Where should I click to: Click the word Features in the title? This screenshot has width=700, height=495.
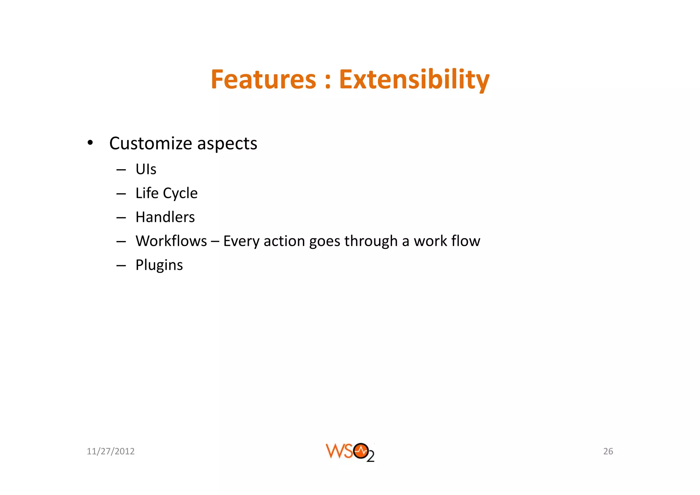click(263, 79)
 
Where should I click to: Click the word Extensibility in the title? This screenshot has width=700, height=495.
click(414, 79)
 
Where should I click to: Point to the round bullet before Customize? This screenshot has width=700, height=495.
click(90, 143)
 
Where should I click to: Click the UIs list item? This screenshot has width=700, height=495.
click(146, 169)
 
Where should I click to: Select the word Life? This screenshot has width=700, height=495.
click(147, 193)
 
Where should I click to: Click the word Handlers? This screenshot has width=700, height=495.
click(165, 217)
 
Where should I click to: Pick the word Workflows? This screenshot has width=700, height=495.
click(171, 241)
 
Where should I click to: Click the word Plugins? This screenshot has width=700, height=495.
click(159, 265)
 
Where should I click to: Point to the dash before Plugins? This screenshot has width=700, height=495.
click(121, 265)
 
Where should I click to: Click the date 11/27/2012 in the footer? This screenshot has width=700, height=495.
click(110, 451)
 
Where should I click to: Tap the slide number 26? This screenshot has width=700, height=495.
click(608, 451)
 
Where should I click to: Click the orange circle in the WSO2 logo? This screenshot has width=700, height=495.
click(361, 451)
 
